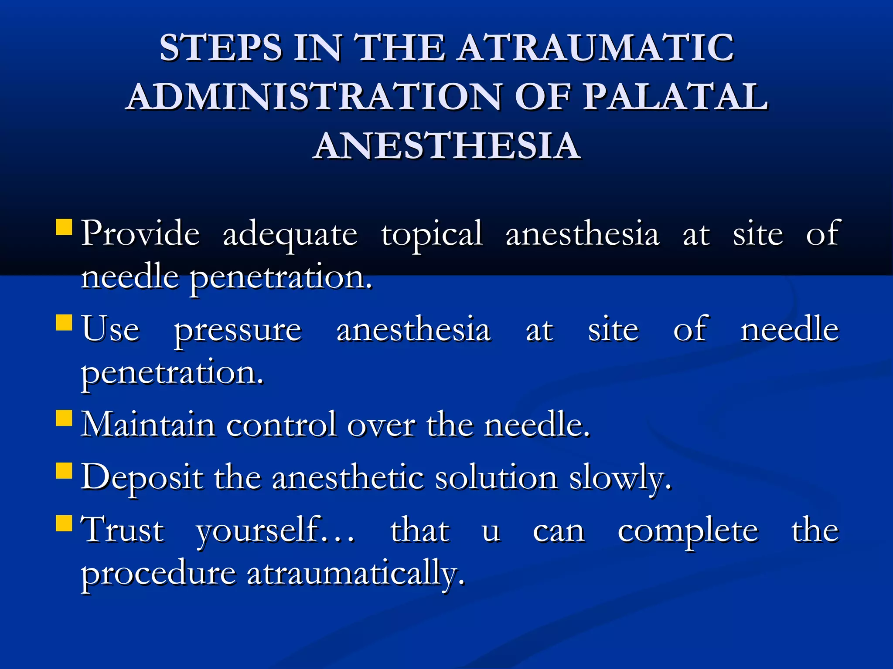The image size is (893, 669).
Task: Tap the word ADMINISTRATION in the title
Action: [314, 96]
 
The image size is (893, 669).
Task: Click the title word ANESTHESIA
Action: [446, 145]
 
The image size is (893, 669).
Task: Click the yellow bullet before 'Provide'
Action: [64, 227]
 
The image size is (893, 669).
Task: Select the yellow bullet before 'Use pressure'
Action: [64, 323]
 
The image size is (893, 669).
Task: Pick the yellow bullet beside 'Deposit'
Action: [64, 471]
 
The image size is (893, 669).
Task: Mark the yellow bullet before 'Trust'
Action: [64, 524]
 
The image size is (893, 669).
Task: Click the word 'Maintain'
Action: [148, 424]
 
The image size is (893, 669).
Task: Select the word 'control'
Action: [281, 424]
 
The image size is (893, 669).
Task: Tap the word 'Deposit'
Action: [142, 477]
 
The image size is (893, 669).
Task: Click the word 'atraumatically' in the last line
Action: [355, 574]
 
